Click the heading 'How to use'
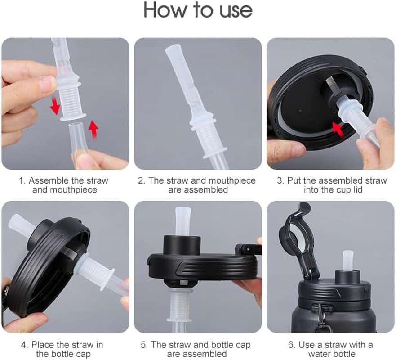point(198,10)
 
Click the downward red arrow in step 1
point(55,106)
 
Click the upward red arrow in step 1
point(93,130)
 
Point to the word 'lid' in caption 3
point(358,189)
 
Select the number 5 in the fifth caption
point(143,345)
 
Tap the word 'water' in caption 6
point(320,354)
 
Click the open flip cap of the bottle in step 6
point(298,240)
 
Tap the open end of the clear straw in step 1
point(76,124)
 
